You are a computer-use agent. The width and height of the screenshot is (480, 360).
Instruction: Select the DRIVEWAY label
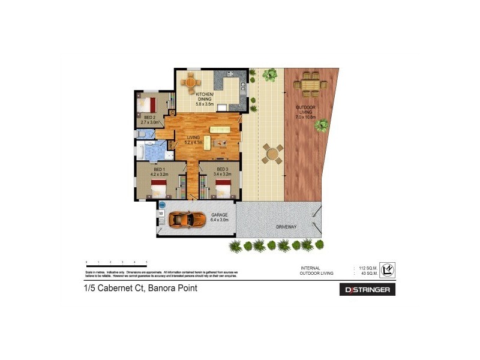pos(286,227)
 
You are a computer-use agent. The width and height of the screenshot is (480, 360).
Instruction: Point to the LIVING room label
pos(193,138)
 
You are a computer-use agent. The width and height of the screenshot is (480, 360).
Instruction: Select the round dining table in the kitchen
pos(191,82)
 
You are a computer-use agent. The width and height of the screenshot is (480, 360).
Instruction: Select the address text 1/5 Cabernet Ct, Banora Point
pos(140,289)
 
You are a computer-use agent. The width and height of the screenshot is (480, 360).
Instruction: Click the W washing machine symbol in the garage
pos(161,213)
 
